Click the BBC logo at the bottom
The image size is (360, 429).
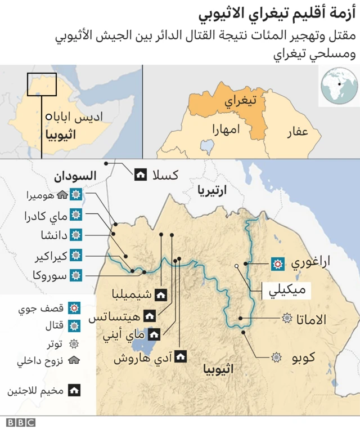(x=21, y=422)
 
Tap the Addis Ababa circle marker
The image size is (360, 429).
(x=49, y=117)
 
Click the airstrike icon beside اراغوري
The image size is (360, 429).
(x=277, y=263)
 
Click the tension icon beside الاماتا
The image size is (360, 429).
(x=287, y=319)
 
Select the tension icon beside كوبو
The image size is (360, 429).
(x=277, y=356)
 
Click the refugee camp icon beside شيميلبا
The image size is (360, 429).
(x=160, y=293)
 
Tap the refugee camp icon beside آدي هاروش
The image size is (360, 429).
(x=181, y=356)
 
